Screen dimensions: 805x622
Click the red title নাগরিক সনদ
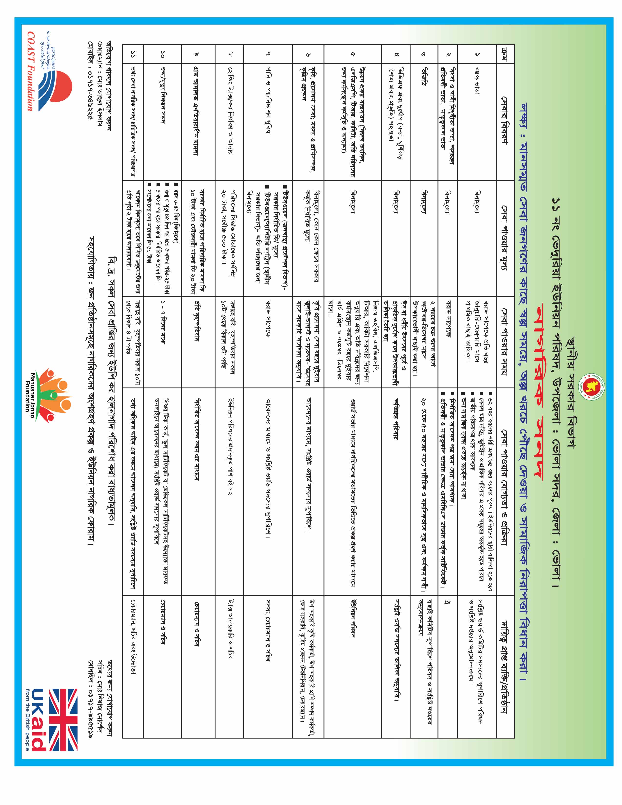pyautogui.click(x=538, y=402)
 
